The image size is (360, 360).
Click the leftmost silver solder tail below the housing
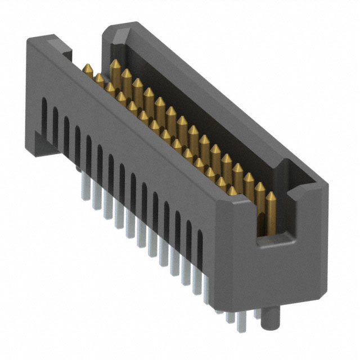pos(77,166)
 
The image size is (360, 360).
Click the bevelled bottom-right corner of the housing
pos(315,292)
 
